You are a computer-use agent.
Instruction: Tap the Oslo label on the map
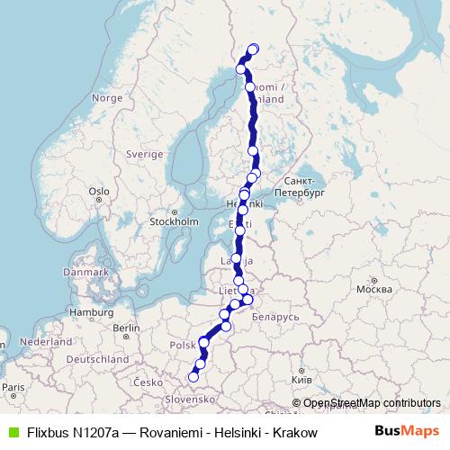pos(98,191)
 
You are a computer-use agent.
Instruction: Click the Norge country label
pos(106,97)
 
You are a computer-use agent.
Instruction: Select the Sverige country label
pos(144,154)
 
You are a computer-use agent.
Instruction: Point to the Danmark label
pos(85,271)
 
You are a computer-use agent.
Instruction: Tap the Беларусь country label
pos(274,318)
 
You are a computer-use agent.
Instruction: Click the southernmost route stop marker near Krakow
pos(193,377)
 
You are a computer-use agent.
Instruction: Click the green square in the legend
pos(12,432)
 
